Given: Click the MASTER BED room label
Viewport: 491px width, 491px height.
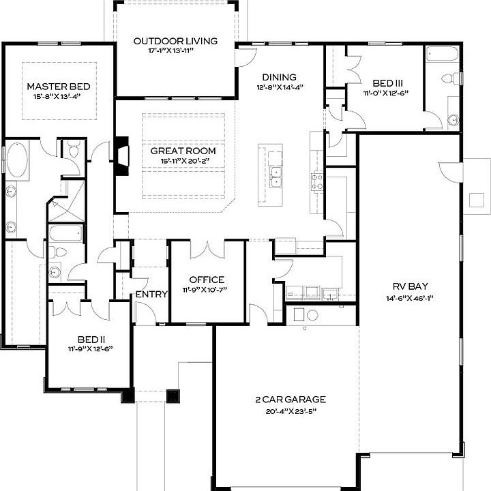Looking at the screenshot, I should click(x=58, y=87).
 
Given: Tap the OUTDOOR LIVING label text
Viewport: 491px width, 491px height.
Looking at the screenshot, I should click(x=175, y=41).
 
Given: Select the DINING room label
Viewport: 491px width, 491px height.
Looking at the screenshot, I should click(x=279, y=77).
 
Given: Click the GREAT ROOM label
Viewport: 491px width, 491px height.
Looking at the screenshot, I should click(x=183, y=151).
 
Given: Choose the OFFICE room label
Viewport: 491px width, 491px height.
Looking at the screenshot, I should click(x=207, y=280).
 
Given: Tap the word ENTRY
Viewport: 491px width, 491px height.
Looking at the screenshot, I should click(x=151, y=294).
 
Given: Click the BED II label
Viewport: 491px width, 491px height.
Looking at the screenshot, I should click(x=91, y=339).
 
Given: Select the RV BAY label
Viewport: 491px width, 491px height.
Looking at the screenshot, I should click(x=411, y=286).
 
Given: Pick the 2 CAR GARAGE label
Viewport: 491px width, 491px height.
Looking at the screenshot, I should click(x=286, y=400).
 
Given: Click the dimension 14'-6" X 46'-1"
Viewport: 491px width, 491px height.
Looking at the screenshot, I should click(x=411, y=298).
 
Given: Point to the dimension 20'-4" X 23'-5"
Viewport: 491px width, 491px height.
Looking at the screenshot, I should click(x=286, y=411).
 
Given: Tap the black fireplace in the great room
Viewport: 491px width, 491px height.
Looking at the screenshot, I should click(x=121, y=156).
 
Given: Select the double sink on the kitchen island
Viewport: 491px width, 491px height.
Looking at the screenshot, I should click(x=275, y=176).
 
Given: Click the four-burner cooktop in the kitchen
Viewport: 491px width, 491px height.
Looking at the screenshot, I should click(x=317, y=181).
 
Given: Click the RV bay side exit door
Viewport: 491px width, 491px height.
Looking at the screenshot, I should click(x=451, y=171).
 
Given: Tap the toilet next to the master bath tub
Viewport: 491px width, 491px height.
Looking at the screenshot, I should click(x=73, y=149).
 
